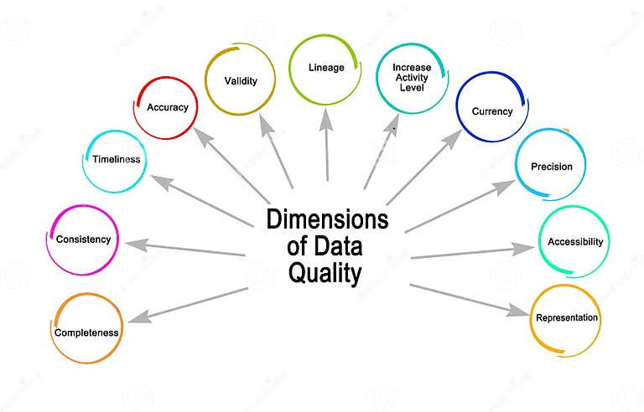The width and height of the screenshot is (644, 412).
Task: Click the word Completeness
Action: pos(87,332)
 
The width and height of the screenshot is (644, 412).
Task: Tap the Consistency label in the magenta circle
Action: pos(83,239)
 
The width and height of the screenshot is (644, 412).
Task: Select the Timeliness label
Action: pos(116,159)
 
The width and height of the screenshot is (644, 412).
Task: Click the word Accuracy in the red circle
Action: pos(168,107)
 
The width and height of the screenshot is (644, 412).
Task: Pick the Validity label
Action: pos(240,81)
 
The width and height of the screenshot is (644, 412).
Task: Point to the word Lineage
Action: pos(325,68)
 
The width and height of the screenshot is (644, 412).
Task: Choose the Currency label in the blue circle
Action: pos(491,111)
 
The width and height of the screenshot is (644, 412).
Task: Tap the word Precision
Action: pos(551,167)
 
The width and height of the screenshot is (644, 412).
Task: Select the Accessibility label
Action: pos(574,242)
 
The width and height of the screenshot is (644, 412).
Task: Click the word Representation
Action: pos(567,318)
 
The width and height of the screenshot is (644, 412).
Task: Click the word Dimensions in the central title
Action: pos(328,220)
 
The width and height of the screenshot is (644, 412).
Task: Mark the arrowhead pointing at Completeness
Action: pos(138,319)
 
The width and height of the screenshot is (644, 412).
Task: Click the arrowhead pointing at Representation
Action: pos(518,311)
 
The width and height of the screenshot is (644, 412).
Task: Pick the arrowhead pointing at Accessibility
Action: pos(525,248)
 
